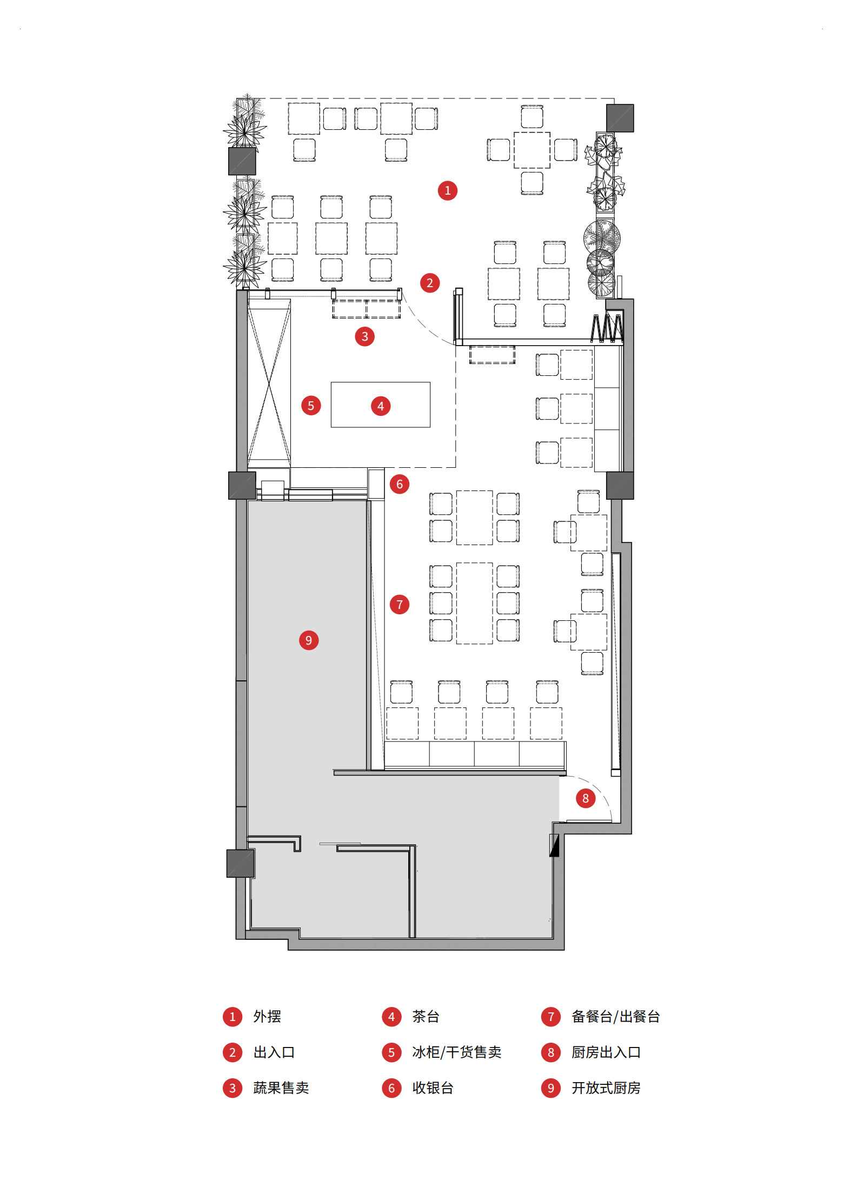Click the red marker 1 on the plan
tap(447, 190)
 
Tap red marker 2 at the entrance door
tap(429, 283)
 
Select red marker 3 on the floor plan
tap(364, 336)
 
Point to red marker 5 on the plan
tap(310, 406)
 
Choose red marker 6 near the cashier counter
tap(399, 484)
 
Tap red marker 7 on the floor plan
tap(399, 605)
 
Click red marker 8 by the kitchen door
tap(585, 798)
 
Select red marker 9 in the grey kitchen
tap(308, 640)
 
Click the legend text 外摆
tap(267, 1017)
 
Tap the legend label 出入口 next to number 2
tap(274, 1052)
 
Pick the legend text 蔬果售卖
tap(281, 1088)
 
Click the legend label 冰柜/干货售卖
tap(457, 1052)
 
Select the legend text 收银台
tap(433, 1088)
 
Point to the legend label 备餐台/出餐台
tap(615, 1017)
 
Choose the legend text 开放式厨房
tap(606, 1088)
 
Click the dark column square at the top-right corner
tap(620, 118)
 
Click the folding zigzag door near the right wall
tap(607, 328)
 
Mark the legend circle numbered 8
tap(550, 1052)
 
